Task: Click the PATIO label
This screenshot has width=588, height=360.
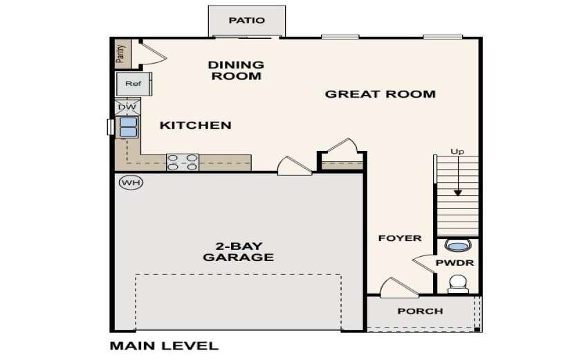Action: coord(247,20)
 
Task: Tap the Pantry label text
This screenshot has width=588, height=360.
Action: coord(120,53)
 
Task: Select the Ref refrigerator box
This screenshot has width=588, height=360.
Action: coord(133,84)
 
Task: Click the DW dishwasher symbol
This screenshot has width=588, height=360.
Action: coord(127,107)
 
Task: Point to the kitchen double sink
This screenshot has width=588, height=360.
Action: coord(128,127)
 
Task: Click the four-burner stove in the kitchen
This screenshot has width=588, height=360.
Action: coord(182,162)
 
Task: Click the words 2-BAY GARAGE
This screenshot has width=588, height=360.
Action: coord(238,251)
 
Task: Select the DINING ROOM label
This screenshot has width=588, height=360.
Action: coord(237,71)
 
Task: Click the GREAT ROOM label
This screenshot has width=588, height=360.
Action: coord(380,93)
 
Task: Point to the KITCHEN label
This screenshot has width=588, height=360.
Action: coord(195,125)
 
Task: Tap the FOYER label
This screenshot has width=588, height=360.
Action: coord(399,238)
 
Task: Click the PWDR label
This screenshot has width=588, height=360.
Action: coord(454,264)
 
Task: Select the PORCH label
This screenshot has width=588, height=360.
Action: coord(420,311)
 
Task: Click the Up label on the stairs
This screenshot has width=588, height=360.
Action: coord(457,151)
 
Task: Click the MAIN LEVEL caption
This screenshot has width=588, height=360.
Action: coord(164,345)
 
